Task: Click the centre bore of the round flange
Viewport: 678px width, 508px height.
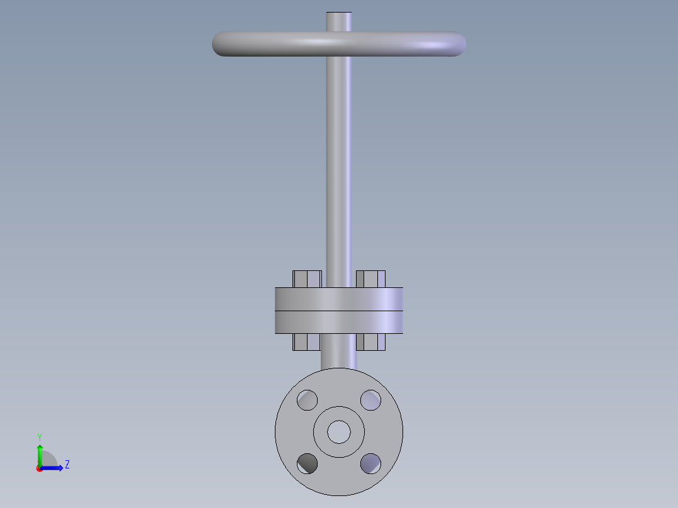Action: [x=339, y=431]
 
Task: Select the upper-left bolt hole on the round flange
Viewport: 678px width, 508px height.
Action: [x=308, y=400]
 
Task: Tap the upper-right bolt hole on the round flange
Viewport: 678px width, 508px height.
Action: [x=370, y=400]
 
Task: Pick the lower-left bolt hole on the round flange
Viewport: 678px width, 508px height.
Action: [x=308, y=463]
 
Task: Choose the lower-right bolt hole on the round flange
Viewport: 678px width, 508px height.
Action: [x=370, y=463]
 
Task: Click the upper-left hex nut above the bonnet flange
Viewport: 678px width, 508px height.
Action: [x=307, y=279]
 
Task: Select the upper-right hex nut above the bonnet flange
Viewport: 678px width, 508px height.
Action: [x=370, y=279]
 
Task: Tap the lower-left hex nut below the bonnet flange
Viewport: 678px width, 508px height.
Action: [x=307, y=341]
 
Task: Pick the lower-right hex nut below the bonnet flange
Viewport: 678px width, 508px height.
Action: [x=370, y=341]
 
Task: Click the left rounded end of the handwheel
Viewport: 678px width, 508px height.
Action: [x=221, y=44]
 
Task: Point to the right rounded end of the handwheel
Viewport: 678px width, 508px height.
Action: [x=457, y=44]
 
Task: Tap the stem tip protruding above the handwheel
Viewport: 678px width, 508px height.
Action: [x=339, y=21]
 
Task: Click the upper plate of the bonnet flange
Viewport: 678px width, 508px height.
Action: [x=339, y=299]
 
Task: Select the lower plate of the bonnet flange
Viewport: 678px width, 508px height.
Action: [x=339, y=321]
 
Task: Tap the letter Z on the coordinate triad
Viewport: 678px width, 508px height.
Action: [x=67, y=465]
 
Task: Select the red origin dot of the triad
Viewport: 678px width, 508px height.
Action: [x=40, y=468]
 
